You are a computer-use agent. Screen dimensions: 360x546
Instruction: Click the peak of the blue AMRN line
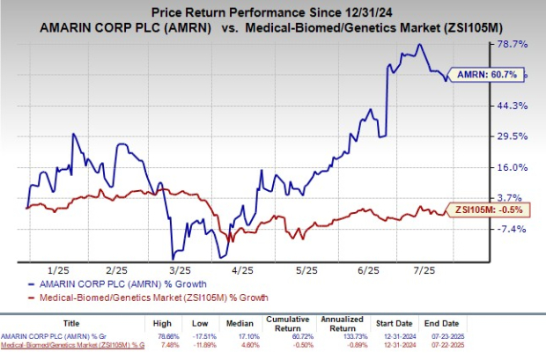click(419, 45)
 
